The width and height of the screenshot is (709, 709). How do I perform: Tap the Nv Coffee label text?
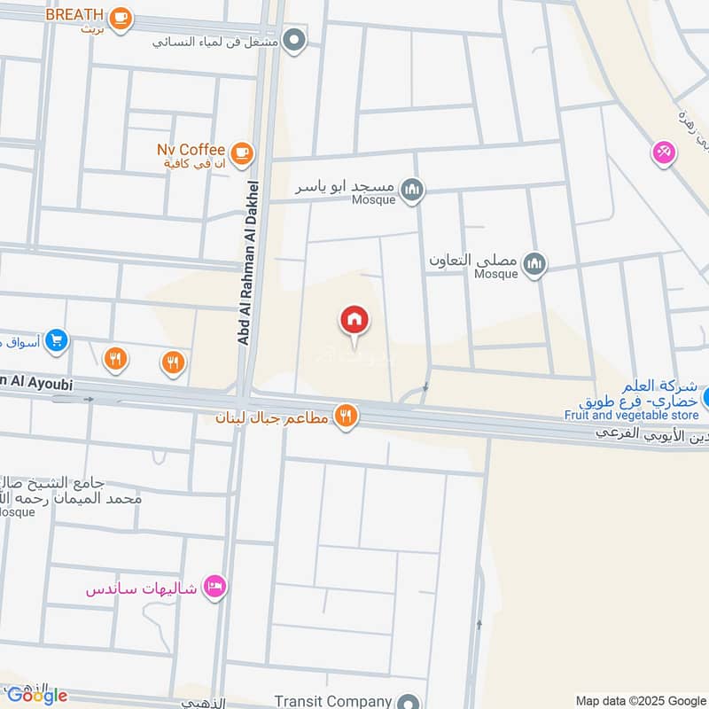pyautogui.click(x=191, y=149)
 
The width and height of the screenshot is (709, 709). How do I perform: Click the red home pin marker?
pyautogui.click(x=354, y=320)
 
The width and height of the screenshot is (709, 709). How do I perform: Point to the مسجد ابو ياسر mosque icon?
pyautogui.click(x=412, y=189)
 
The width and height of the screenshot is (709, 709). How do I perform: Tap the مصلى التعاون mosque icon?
pyautogui.click(x=534, y=263)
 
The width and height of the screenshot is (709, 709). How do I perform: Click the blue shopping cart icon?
pyautogui.click(x=57, y=339)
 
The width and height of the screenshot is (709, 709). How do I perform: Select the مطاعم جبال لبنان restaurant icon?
pyautogui.click(x=347, y=417)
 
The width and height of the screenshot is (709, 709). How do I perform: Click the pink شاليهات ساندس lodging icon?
pyautogui.click(x=214, y=588)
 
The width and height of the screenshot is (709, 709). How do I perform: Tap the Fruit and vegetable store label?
pyautogui.click(x=630, y=415)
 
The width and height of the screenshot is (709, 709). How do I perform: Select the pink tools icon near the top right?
pyautogui.click(x=663, y=153)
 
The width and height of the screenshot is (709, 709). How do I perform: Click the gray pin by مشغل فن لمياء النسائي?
pyautogui.click(x=296, y=41)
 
